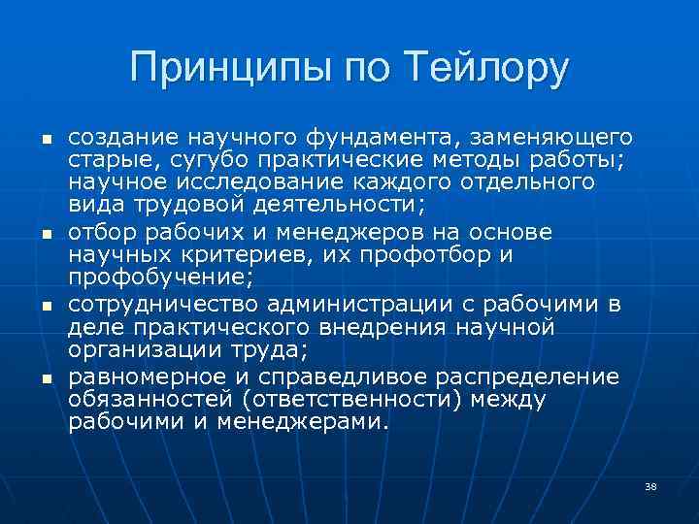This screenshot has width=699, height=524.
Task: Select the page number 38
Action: (x=650, y=485)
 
